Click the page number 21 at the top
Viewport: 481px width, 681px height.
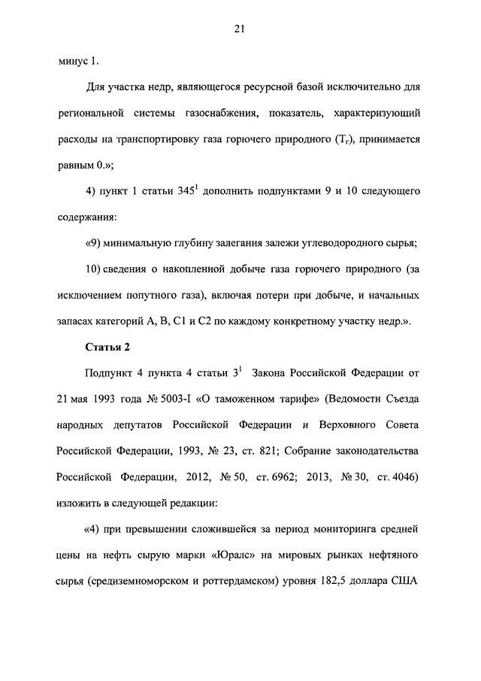click(x=240, y=29)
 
